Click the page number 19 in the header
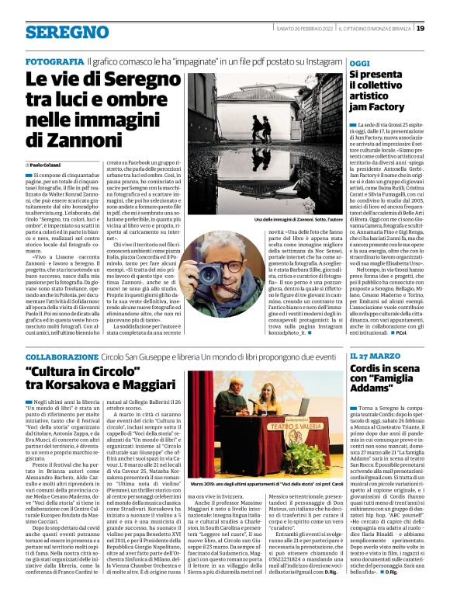tap(441, 29)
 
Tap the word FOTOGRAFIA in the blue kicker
tap(54, 61)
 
